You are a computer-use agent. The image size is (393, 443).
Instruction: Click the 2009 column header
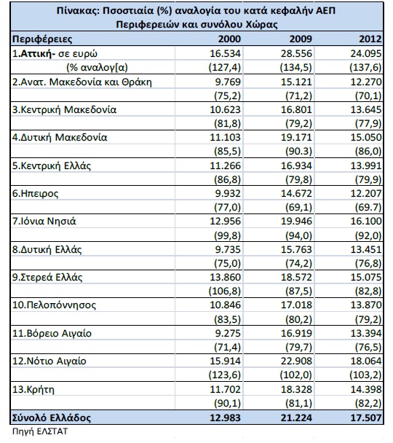pos(301,39)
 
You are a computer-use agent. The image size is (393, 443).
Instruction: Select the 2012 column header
pos(370,39)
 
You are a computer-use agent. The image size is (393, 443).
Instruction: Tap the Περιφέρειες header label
pos(42,39)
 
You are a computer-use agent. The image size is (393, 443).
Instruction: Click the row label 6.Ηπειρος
pos(35,194)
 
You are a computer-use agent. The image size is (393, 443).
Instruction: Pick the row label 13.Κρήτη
pos(33,390)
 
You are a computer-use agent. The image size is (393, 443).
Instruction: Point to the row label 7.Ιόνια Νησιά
pos(44,221)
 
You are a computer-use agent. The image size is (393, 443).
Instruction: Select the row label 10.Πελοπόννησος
pos(54,305)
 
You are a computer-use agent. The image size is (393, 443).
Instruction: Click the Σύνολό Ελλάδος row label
pos(52,417)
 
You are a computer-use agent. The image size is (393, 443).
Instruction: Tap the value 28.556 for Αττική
pos(296,53)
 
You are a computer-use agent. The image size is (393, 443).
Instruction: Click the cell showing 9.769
pos(228,82)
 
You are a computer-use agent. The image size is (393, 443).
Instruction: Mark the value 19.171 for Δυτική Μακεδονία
pos(296,137)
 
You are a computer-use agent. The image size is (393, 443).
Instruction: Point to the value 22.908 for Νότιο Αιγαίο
pos(296,361)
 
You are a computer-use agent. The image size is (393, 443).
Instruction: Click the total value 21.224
pos(296,417)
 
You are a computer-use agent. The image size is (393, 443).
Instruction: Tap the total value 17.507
pos(366,417)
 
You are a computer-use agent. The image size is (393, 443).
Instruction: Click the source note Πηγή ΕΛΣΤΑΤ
pos(40,431)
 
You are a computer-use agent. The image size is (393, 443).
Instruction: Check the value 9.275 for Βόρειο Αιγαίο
pos(228,334)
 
